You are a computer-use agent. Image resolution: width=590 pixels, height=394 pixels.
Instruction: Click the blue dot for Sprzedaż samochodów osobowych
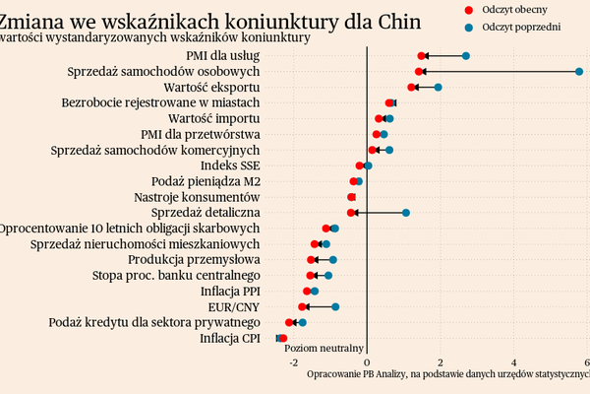click(x=579, y=72)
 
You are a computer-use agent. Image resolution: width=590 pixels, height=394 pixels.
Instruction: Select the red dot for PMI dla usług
click(x=422, y=56)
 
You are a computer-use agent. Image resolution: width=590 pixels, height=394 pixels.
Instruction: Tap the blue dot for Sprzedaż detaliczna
click(x=405, y=213)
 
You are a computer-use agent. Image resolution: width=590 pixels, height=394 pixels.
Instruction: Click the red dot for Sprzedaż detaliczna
click(x=351, y=213)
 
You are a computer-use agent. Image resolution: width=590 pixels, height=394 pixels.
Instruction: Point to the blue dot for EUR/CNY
click(x=335, y=307)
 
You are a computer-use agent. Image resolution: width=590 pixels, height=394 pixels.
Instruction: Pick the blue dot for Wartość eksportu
click(x=438, y=88)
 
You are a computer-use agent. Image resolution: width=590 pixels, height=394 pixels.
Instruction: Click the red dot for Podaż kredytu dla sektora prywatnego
click(x=289, y=323)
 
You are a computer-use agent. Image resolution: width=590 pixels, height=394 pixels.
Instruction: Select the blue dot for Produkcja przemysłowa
click(x=333, y=260)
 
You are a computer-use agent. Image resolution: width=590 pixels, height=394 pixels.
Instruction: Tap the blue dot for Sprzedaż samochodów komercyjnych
click(x=389, y=150)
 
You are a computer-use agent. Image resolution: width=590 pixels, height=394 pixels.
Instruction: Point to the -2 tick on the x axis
click(x=293, y=361)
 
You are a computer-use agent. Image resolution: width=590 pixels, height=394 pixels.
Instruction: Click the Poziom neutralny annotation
click(x=324, y=348)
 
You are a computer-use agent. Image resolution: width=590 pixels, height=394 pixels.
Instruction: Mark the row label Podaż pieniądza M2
click(x=206, y=181)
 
